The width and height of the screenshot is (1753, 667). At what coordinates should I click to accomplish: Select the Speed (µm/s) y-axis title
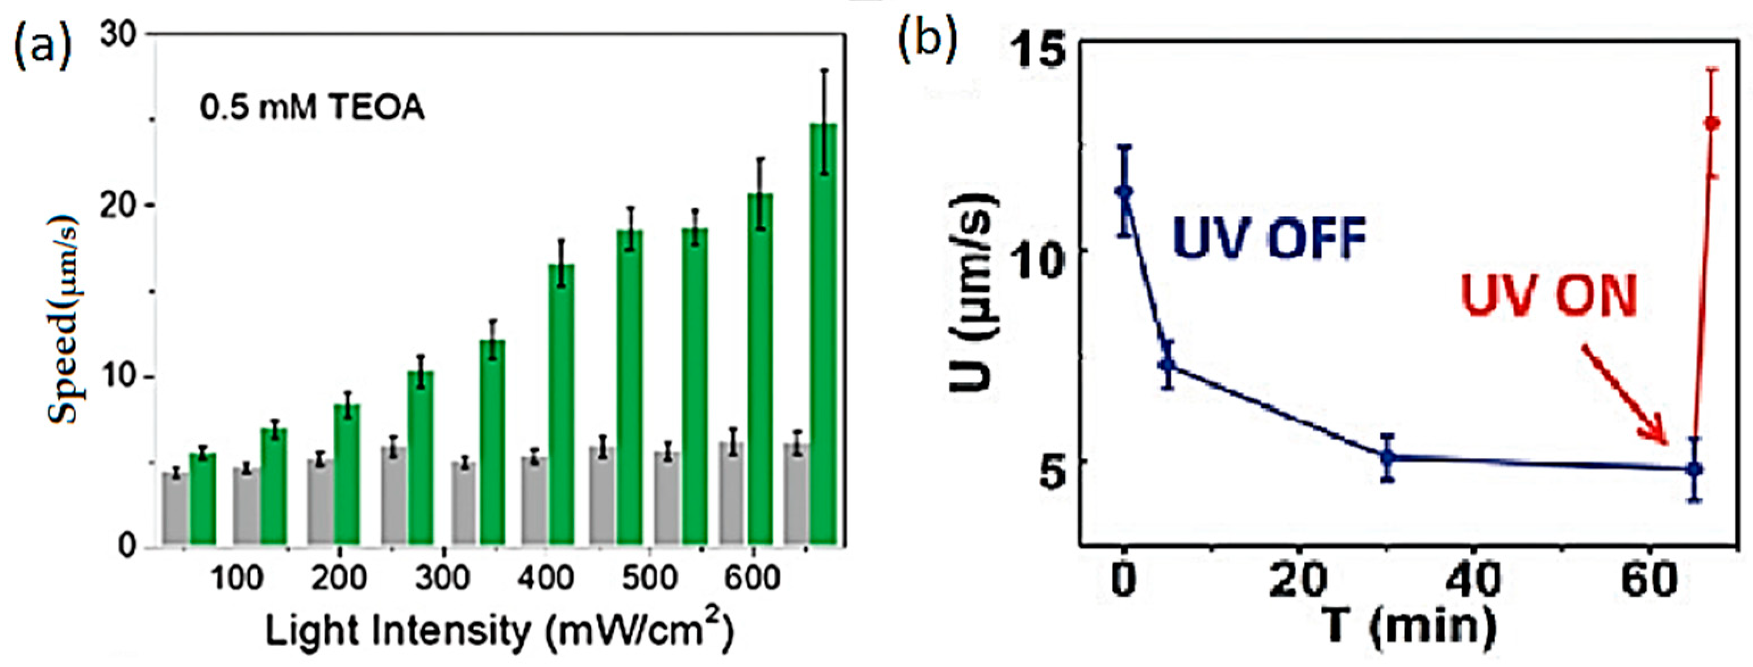tap(65, 319)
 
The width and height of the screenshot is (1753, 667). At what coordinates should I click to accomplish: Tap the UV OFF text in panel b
tap(1270, 239)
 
